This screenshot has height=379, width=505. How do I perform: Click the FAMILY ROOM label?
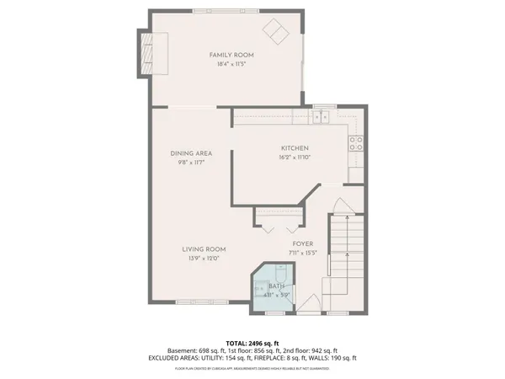pos(231,55)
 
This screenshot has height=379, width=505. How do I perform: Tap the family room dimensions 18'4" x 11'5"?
pos(231,63)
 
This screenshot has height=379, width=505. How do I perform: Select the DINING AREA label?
pos(190,153)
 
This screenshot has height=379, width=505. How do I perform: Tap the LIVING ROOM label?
pos(205,249)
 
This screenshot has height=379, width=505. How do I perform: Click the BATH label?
pos(277,286)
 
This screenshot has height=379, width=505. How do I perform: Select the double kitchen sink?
pos(321,116)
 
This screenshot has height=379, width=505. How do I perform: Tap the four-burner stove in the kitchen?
pos(356,141)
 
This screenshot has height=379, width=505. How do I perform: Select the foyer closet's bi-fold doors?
pos(277,227)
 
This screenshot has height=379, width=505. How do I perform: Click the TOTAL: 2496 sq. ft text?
pos(252,344)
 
